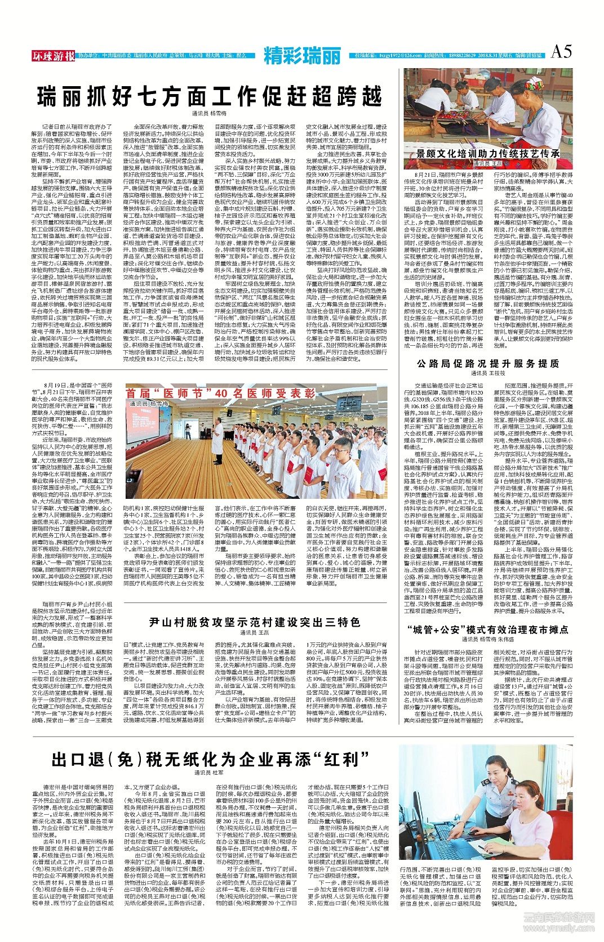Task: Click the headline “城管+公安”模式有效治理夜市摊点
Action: (x=488, y=629)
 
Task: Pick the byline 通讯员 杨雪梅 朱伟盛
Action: (x=488, y=640)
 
